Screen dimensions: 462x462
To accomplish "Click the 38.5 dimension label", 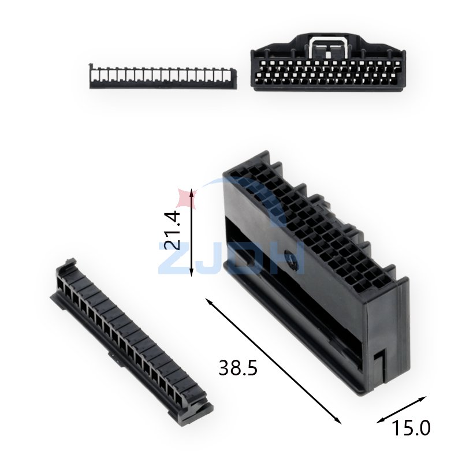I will click(237, 367).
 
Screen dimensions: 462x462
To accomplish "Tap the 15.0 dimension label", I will click(412, 428).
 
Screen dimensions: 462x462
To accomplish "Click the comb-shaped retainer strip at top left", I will click(163, 76).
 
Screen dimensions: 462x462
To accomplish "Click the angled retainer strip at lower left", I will click(129, 341).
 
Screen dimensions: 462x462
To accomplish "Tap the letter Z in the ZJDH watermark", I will click(172, 257).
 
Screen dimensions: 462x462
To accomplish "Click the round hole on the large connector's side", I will click(296, 266).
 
